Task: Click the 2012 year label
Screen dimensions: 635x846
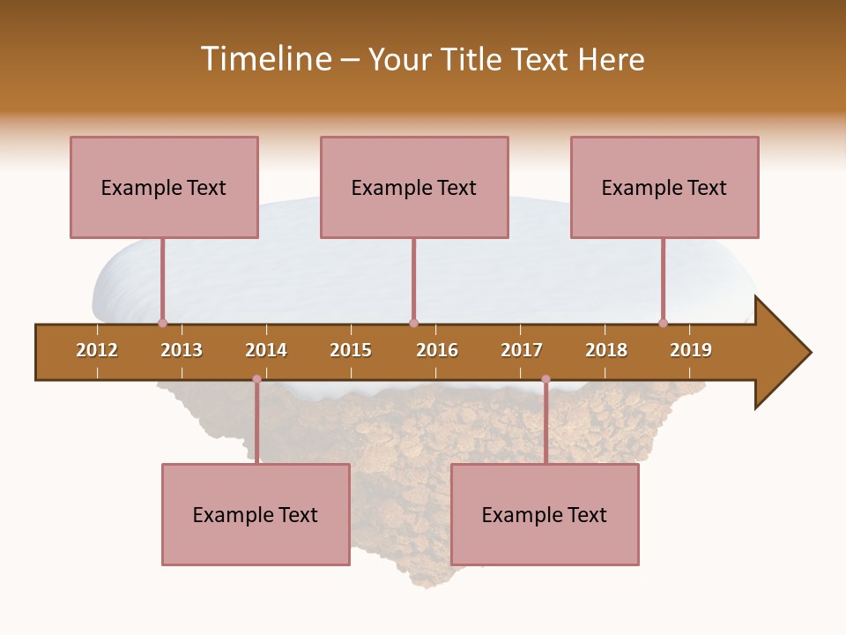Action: pyautogui.click(x=97, y=350)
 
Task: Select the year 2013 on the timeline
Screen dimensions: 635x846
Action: pyautogui.click(x=182, y=350)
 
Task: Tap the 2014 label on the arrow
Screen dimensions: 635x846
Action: pyautogui.click(x=266, y=350)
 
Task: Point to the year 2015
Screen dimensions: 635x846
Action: pyautogui.click(x=351, y=350)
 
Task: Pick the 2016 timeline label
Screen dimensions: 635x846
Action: pyautogui.click(x=437, y=350)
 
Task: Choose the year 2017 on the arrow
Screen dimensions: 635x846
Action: pyautogui.click(x=522, y=350)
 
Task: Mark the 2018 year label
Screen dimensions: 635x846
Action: pyautogui.click(x=606, y=350)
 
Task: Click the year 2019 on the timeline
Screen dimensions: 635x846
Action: pyautogui.click(x=691, y=350)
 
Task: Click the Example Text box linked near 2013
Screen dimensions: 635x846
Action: pyautogui.click(x=164, y=187)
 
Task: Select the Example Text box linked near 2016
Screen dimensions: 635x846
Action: pyautogui.click(x=414, y=187)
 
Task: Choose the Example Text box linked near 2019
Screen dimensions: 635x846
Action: pyautogui.click(x=664, y=187)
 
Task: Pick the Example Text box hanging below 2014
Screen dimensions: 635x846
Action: pyautogui.click(x=256, y=514)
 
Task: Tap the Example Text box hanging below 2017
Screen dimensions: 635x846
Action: pyautogui.click(x=545, y=514)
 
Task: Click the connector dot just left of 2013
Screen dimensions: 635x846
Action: pyautogui.click(x=162, y=323)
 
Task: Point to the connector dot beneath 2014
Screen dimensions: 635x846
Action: pyautogui.click(x=256, y=379)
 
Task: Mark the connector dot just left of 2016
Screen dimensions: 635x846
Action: pyautogui.click(x=413, y=323)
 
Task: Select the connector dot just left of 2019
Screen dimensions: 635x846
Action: pyautogui.click(x=663, y=323)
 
